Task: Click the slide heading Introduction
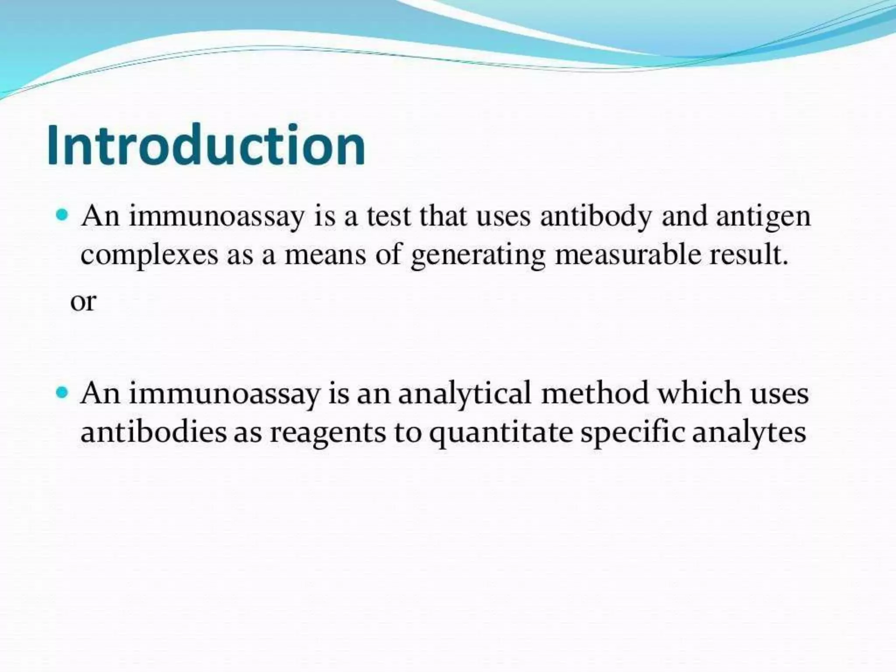(x=206, y=145)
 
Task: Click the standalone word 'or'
(x=83, y=302)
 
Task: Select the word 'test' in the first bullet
(x=389, y=216)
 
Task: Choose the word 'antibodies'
(x=154, y=432)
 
